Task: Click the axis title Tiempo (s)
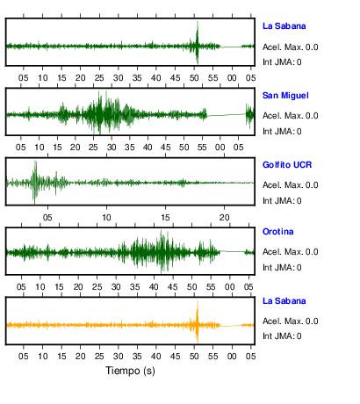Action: click(130, 371)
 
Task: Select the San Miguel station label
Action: click(285, 96)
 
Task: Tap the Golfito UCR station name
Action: click(287, 165)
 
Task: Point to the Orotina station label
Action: click(277, 232)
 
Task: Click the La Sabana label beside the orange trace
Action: click(284, 301)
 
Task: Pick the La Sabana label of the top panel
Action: click(284, 26)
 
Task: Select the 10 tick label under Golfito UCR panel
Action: click(106, 218)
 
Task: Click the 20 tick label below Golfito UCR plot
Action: click(225, 218)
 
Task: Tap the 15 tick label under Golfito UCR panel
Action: click(165, 218)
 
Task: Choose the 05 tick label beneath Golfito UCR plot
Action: click(47, 218)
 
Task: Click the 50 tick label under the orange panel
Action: click(194, 357)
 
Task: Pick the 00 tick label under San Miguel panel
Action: click(220, 148)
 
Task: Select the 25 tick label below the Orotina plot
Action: click(97, 287)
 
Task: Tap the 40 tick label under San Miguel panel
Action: click(148, 148)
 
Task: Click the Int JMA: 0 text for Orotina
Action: click(282, 268)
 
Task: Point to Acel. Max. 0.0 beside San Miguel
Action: click(290, 116)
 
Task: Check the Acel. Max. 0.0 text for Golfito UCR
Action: click(290, 185)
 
